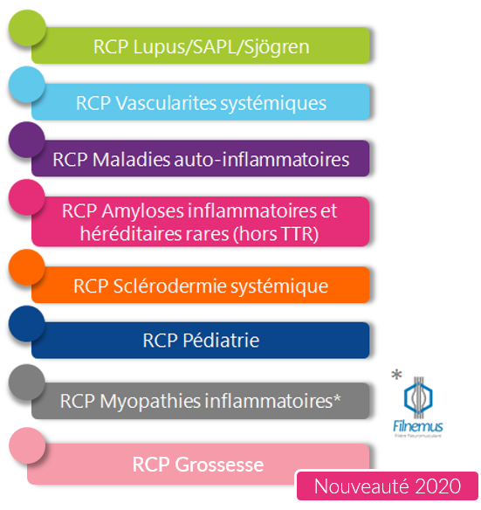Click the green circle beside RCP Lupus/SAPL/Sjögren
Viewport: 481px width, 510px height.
[x=27, y=28]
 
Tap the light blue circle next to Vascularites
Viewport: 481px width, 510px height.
[x=27, y=84]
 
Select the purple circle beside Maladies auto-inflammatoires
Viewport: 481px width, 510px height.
[x=27, y=140]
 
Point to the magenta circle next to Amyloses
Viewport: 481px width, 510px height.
[x=27, y=197]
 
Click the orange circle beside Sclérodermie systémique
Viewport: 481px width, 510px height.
[x=27, y=267]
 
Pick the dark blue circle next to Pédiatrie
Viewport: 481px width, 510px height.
[x=27, y=324]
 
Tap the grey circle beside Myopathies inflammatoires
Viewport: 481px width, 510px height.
[x=27, y=382]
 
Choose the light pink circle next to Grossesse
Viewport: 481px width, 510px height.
[x=27, y=445]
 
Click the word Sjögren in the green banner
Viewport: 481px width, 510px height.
[x=277, y=47]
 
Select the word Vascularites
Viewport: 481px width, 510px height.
[x=166, y=103]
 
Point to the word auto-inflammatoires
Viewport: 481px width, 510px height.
[x=262, y=160]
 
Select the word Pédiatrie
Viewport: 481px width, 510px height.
[x=221, y=341]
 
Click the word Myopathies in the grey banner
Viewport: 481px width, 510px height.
[x=150, y=402]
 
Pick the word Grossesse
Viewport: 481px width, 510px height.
[x=219, y=465]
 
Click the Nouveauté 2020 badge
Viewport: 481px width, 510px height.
[x=388, y=486]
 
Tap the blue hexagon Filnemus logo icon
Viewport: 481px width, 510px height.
[x=418, y=397]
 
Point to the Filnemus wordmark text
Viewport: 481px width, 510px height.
[x=418, y=426]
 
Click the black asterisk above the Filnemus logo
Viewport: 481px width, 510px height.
[x=396, y=375]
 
